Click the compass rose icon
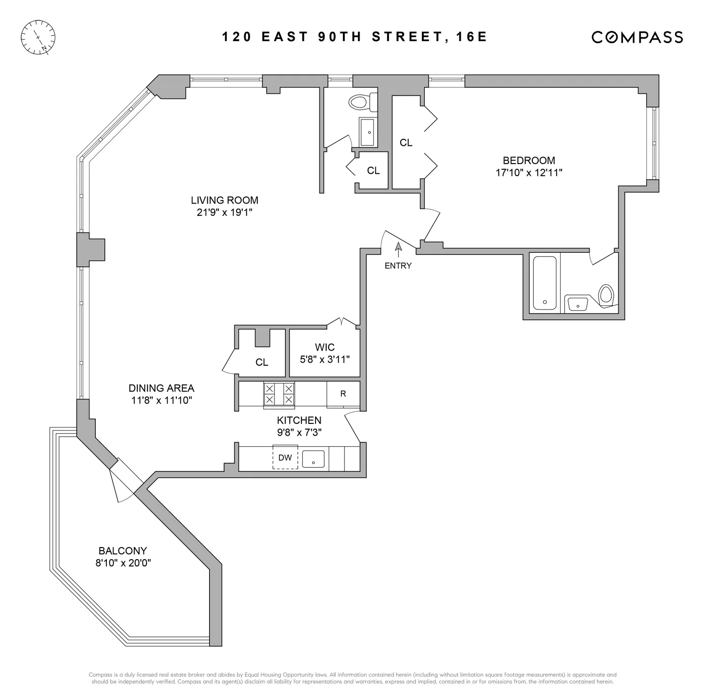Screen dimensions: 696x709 pos(38,37)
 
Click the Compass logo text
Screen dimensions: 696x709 pos(637,37)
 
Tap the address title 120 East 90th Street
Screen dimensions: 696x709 pos(354,37)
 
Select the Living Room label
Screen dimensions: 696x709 pos(224,200)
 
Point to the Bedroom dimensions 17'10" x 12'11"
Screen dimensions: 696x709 pos(529,173)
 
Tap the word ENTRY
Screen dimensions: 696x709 pos(398,266)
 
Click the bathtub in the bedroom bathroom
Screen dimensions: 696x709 pos(544,283)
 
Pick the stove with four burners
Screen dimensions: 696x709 pos(279,394)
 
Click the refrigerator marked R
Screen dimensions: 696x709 pos(343,394)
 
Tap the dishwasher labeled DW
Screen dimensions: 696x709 pos(285,457)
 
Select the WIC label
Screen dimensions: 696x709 pos(325,347)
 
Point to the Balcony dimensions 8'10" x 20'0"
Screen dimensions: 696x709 pos(123,563)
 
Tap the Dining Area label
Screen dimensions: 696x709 pos(161,389)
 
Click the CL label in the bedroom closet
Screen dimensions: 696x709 pos(406,143)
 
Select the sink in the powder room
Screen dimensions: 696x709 pos(368,132)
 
